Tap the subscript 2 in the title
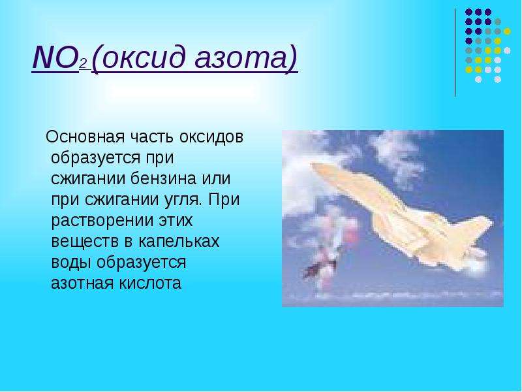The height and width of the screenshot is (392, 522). coord(83,63)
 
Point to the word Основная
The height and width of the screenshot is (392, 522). coord(85,137)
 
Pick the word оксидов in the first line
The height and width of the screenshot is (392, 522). coord(211,137)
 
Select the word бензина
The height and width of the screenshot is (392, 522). coord(164,179)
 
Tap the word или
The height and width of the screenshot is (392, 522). coord(217,179)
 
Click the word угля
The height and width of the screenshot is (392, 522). coord(183,200)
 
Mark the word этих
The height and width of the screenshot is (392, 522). coord(175,221)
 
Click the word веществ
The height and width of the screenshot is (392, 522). coord(85,242)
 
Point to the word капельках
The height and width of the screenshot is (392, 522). coord(179,241)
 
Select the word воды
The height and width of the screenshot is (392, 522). coord(71,263)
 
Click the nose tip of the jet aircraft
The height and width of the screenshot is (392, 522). coord(312,165)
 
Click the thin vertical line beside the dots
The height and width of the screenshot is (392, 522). coord(455,53)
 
